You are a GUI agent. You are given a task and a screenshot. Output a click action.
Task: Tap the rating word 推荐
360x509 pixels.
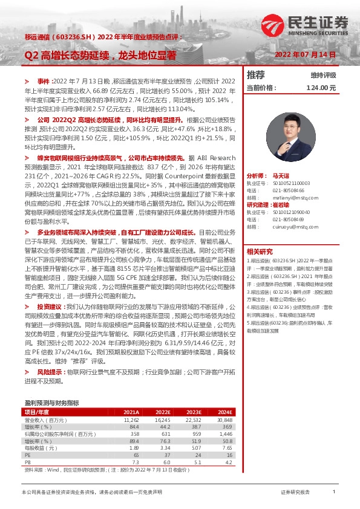(x=256, y=75)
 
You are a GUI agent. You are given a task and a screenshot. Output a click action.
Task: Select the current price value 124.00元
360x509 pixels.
(x=321, y=88)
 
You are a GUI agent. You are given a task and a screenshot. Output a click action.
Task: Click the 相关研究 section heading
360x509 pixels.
(x=260, y=251)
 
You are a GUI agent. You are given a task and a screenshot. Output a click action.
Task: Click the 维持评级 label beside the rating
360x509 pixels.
(x=323, y=75)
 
